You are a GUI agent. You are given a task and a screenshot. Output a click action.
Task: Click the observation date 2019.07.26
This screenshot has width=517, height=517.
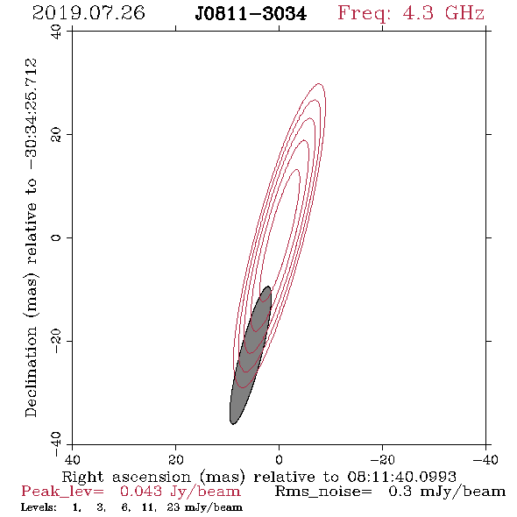89,13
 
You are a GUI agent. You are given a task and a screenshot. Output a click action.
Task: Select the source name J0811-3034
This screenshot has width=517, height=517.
251,14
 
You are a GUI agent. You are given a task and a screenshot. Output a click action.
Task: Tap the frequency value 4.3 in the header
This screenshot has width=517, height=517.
418,13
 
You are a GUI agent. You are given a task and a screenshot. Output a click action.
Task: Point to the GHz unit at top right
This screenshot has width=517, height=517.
464,13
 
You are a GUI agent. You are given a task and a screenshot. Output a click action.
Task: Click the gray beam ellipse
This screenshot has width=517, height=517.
251,356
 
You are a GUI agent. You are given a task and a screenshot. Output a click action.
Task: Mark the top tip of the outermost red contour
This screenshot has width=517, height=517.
319,83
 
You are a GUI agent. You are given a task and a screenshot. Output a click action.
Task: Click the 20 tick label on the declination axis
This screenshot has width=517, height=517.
56,135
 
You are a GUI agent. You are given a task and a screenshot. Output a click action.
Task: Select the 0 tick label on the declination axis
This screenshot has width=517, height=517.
56,237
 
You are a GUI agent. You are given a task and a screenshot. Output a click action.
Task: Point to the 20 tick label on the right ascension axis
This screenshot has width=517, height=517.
176,459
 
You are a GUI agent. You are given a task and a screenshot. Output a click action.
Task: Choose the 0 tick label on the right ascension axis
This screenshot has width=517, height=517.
280,459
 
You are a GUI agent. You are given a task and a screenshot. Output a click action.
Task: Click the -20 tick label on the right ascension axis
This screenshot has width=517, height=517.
382,459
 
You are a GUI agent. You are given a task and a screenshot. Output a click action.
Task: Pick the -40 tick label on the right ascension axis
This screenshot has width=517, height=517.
485,459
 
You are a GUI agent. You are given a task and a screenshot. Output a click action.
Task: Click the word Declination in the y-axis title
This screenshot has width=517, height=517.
31,372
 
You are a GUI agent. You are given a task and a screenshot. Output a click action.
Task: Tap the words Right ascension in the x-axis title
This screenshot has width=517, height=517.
126,477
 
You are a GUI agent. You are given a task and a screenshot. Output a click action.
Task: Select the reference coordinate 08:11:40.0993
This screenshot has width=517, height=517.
401,477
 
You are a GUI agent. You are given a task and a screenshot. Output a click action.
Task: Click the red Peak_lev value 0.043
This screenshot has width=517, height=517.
141,492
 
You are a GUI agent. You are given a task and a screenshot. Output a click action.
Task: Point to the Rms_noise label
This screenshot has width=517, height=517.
323,492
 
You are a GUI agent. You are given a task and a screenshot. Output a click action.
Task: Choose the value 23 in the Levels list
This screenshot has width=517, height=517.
174,506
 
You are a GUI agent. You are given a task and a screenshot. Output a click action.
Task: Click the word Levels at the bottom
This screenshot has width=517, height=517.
39,506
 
